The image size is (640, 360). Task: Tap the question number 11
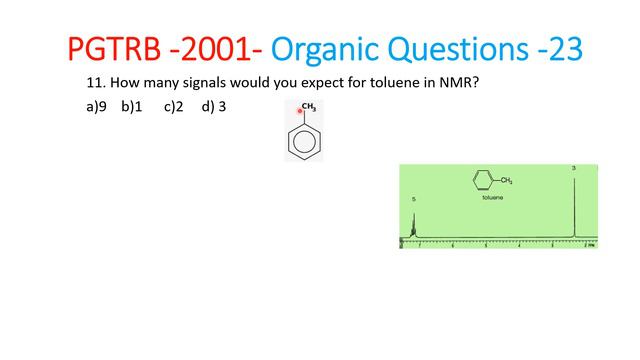pos(95,84)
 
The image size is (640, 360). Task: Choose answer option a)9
pos(97,106)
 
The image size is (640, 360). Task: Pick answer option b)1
pos(132,106)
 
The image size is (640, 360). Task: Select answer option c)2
pos(174,106)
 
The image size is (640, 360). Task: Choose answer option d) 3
pos(213,106)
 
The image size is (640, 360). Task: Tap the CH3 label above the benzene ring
pos(309,106)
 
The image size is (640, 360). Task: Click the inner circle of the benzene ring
pos(304,141)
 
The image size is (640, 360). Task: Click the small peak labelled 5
pos(413,225)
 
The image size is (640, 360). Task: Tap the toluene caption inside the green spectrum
pos(493,198)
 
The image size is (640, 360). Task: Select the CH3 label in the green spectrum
pos(507,181)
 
